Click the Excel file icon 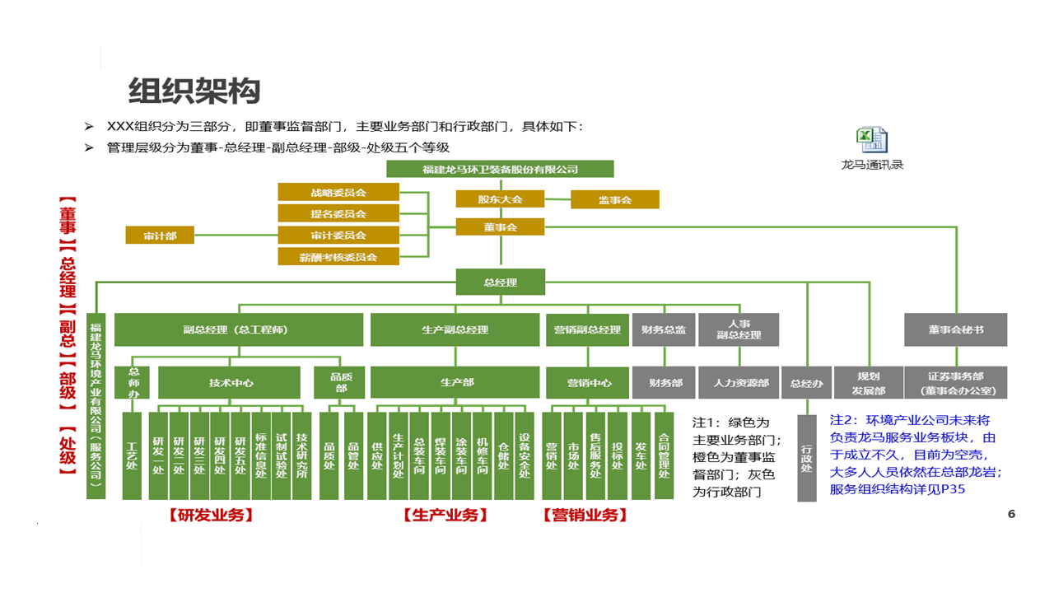(x=872, y=140)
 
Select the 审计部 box (x=161, y=236)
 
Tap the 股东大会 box (x=500, y=199)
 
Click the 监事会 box (x=615, y=199)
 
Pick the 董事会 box (x=500, y=226)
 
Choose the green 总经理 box (x=501, y=282)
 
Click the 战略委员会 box (x=338, y=192)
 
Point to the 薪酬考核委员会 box (x=338, y=257)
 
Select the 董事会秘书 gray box (x=955, y=329)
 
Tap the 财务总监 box (x=664, y=329)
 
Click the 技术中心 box (x=231, y=383)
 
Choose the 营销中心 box (x=589, y=383)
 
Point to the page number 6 (x=1012, y=514)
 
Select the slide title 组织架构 (x=194, y=90)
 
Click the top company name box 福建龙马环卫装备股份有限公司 (x=501, y=170)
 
